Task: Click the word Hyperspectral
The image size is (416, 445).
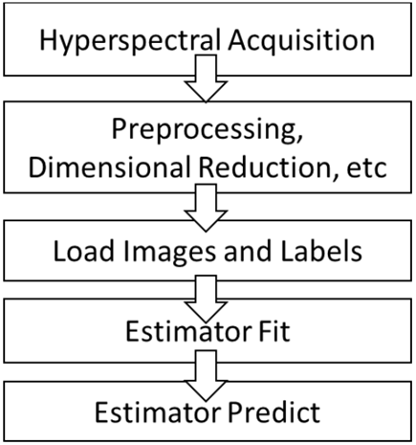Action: coord(130,41)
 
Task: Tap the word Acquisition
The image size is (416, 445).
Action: coord(301,40)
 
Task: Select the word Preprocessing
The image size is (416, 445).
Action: coord(204,131)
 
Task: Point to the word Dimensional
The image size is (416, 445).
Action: coord(111,167)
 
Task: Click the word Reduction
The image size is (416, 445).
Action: coord(265,167)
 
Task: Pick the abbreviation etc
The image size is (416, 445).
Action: coord(366,168)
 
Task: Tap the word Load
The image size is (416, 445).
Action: coord(83,251)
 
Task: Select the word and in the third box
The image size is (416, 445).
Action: coord(248,251)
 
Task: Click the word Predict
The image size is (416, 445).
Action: coord(274,412)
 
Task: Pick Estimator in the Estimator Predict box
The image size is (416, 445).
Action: coord(158,412)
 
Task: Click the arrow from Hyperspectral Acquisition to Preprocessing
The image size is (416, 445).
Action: coord(206,78)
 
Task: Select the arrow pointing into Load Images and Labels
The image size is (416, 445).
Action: coord(206,208)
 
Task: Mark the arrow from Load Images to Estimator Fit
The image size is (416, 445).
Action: coord(206,299)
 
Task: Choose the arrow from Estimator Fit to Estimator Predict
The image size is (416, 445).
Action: coord(206,375)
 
